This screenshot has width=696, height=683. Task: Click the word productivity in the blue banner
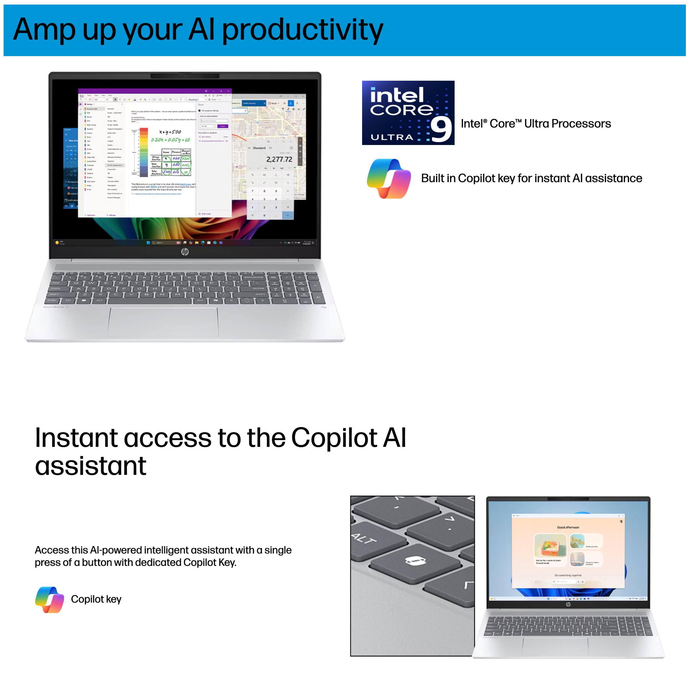pos(302,31)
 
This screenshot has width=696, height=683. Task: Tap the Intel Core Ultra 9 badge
pos(408,113)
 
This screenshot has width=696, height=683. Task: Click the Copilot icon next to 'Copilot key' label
pos(50,599)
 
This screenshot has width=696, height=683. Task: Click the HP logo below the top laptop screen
pos(185,252)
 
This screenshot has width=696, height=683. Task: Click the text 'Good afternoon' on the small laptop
pos(568,527)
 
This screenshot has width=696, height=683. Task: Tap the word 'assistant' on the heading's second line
pos(91,466)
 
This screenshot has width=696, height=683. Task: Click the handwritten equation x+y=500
pos(170,132)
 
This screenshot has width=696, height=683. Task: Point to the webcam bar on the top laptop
pos(185,76)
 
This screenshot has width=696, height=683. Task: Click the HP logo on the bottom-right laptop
pos(568,605)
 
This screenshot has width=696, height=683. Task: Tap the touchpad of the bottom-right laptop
pos(555,648)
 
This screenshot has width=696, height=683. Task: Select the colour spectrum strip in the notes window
pos(144,153)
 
